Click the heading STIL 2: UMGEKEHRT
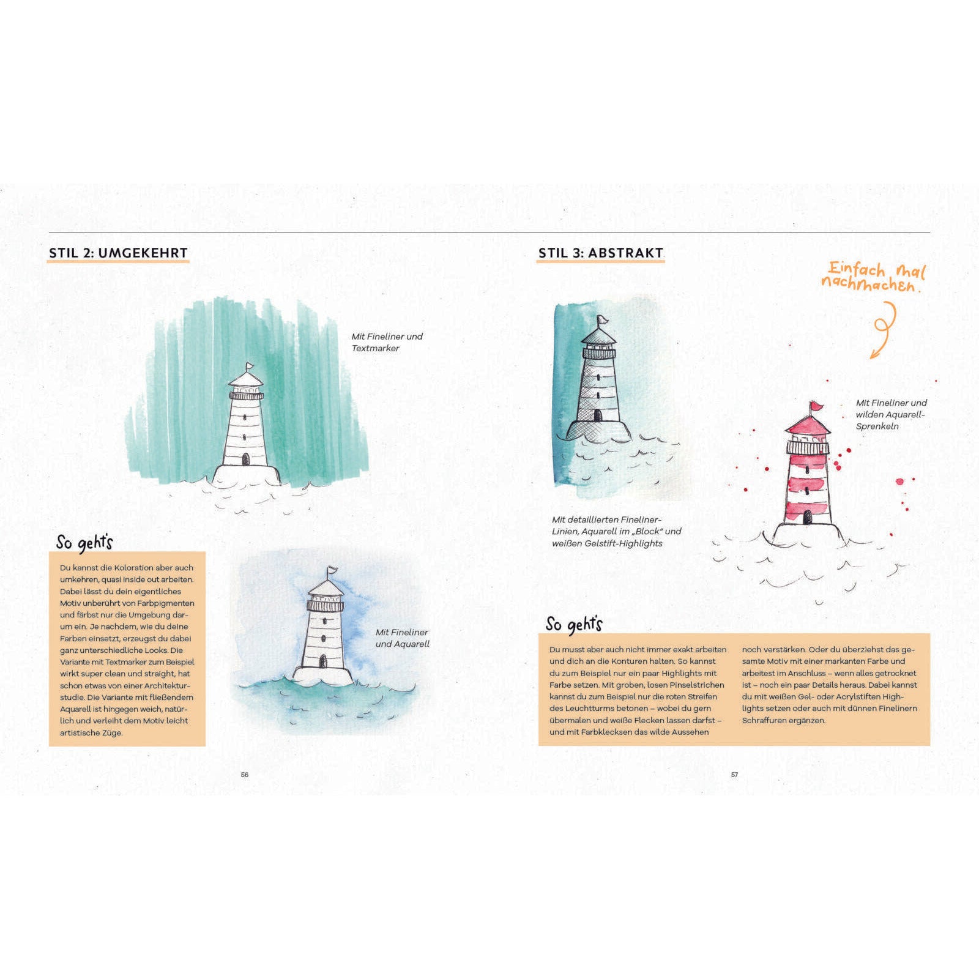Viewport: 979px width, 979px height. point(119,253)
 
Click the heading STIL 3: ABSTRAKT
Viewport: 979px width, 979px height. point(601,253)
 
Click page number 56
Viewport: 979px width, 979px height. point(245,775)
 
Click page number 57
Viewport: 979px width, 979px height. point(735,775)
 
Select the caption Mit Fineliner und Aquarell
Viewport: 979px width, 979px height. point(403,638)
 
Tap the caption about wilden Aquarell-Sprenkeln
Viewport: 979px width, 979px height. point(892,414)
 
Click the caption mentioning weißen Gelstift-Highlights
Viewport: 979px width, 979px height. point(616,531)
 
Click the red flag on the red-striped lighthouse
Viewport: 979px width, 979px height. point(816,406)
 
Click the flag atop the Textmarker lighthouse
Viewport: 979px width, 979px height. point(250,367)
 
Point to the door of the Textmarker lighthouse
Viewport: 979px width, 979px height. point(245,459)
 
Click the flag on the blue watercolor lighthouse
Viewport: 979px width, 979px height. point(332,570)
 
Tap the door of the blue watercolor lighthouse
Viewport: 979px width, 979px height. point(323,661)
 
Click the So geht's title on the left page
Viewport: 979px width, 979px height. point(84,543)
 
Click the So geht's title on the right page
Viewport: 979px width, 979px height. point(574,624)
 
